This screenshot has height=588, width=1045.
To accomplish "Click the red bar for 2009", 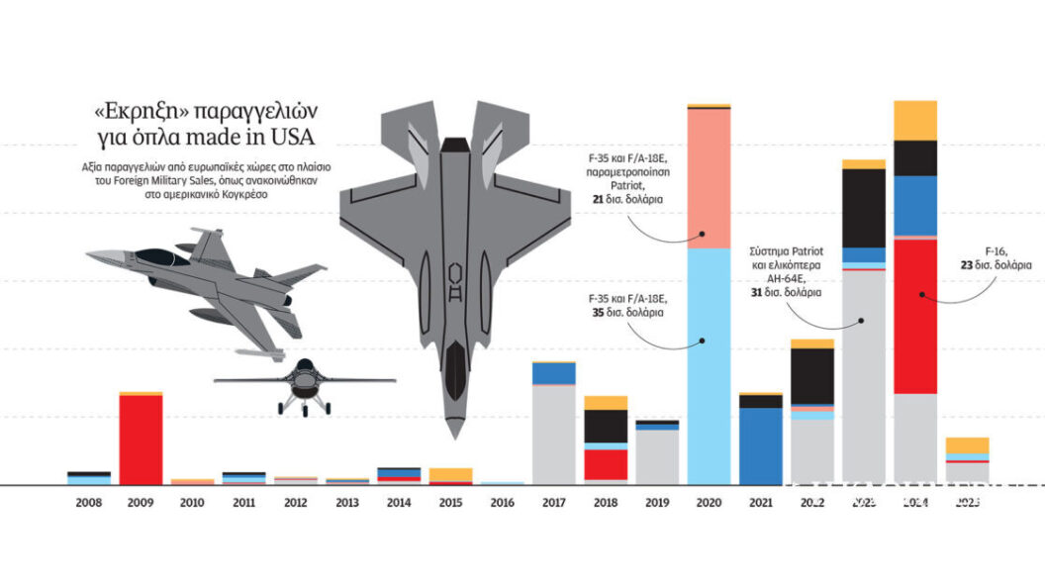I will pyautogui.click(x=141, y=440).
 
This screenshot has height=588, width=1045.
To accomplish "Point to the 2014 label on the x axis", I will pyautogui.click(x=399, y=503).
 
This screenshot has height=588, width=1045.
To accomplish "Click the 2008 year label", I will pyautogui.click(x=89, y=503).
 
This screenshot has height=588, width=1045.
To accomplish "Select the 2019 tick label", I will pyautogui.click(x=657, y=503).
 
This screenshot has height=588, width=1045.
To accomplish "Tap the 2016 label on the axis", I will pyautogui.click(x=502, y=503).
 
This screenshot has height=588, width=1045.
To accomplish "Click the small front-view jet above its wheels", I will pyautogui.click(x=304, y=377).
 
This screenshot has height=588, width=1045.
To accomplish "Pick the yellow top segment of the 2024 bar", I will pyautogui.click(x=914, y=120).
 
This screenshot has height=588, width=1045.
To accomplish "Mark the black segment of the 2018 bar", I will pyautogui.click(x=606, y=426).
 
